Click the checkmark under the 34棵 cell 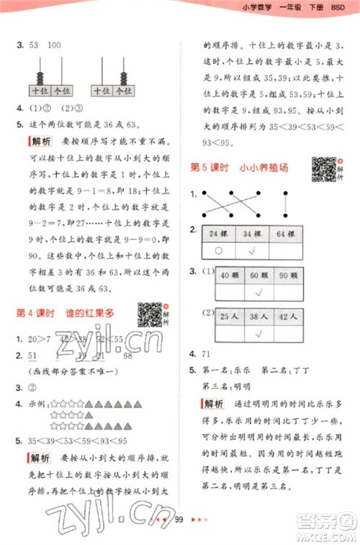[x=253, y=251]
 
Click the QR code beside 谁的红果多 [x=150, y=314]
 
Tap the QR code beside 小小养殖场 [x=323, y=168]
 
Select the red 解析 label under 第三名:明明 [x=215, y=402]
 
